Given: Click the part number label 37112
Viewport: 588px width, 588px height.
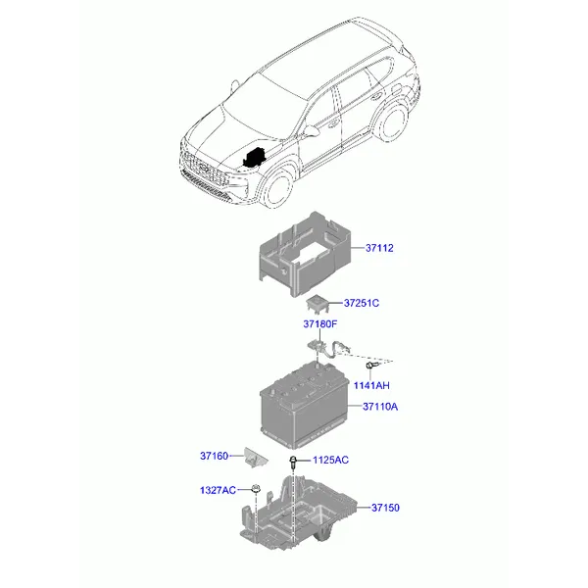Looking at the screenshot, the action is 379,248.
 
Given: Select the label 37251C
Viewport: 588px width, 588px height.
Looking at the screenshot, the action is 362,303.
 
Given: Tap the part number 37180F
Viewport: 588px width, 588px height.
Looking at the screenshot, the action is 320,324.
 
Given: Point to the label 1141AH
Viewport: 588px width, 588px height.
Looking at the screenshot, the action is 371,385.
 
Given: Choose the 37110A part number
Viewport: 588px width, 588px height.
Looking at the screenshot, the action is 380,407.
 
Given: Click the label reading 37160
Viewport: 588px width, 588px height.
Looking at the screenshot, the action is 214,456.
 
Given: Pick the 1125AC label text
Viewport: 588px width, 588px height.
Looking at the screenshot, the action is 331,461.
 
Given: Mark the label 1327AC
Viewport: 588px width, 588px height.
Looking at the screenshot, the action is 218,490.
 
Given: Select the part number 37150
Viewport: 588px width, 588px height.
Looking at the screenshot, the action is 385,508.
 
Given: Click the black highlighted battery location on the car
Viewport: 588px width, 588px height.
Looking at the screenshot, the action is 255,158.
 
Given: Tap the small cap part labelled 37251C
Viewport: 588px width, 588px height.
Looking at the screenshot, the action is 318,304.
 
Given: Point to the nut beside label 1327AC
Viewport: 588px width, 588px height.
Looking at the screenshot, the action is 256,489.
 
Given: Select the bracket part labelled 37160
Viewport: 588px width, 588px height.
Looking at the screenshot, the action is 256,458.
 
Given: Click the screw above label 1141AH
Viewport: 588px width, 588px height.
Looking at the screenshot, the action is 371,365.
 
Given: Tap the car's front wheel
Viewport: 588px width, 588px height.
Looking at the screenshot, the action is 277,187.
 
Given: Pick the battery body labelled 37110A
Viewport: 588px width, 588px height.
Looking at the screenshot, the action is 305,405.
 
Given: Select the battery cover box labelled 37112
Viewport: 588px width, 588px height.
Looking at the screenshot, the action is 305,254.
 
